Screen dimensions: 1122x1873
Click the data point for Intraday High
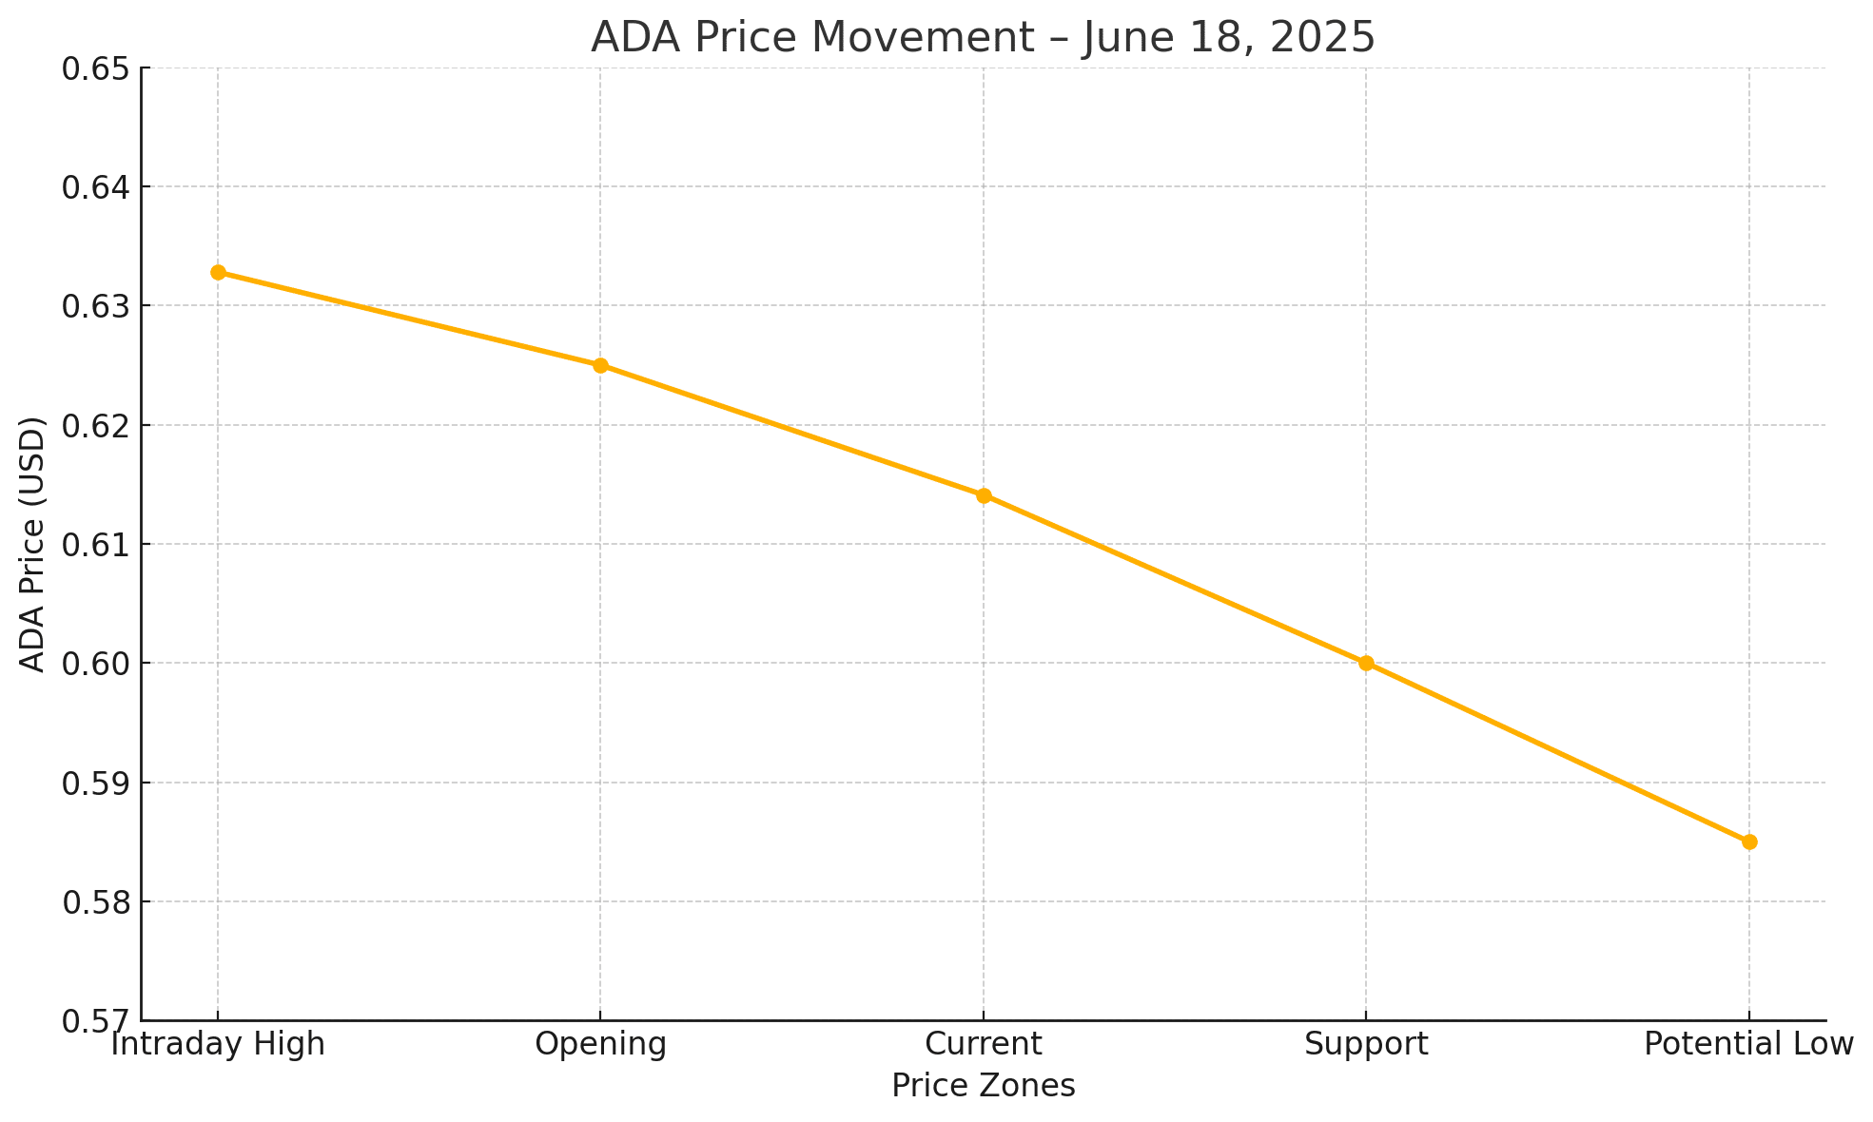point(218,273)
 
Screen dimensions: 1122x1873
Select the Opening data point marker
point(600,366)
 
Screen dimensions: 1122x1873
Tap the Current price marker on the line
point(984,495)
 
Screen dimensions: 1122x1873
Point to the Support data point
point(1366,664)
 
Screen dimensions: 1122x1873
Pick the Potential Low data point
point(1749,842)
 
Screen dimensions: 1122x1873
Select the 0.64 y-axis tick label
point(93,187)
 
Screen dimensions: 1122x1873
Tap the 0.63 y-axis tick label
point(93,306)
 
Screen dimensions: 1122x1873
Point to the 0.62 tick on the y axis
point(93,425)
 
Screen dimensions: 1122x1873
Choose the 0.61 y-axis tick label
point(93,545)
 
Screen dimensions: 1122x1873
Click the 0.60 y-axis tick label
point(93,664)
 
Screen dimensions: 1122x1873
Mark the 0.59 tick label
point(93,783)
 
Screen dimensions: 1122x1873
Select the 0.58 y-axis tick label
point(93,902)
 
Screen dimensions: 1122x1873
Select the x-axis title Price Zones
point(984,1086)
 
